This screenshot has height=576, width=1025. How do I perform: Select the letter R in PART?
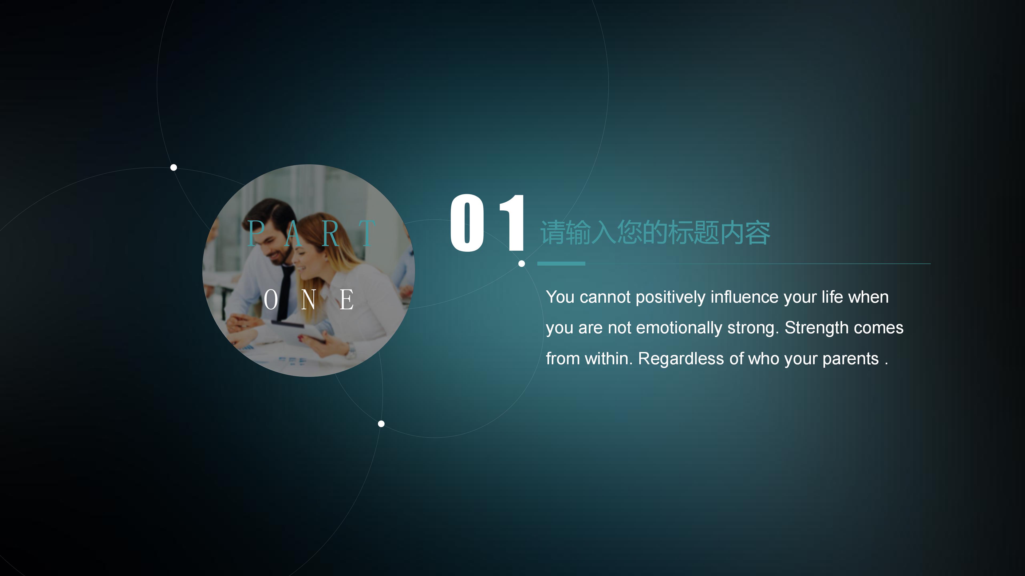click(330, 234)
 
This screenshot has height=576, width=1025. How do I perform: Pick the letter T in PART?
click(366, 234)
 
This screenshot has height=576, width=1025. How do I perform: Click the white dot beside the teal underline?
click(522, 263)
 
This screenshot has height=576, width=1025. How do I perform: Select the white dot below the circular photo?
click(381, 424)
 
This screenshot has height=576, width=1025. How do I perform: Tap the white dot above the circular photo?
click(174, 167)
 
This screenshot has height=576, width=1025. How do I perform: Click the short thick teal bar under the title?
click(561, 263)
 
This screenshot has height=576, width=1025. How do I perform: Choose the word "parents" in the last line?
click(850, 359)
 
